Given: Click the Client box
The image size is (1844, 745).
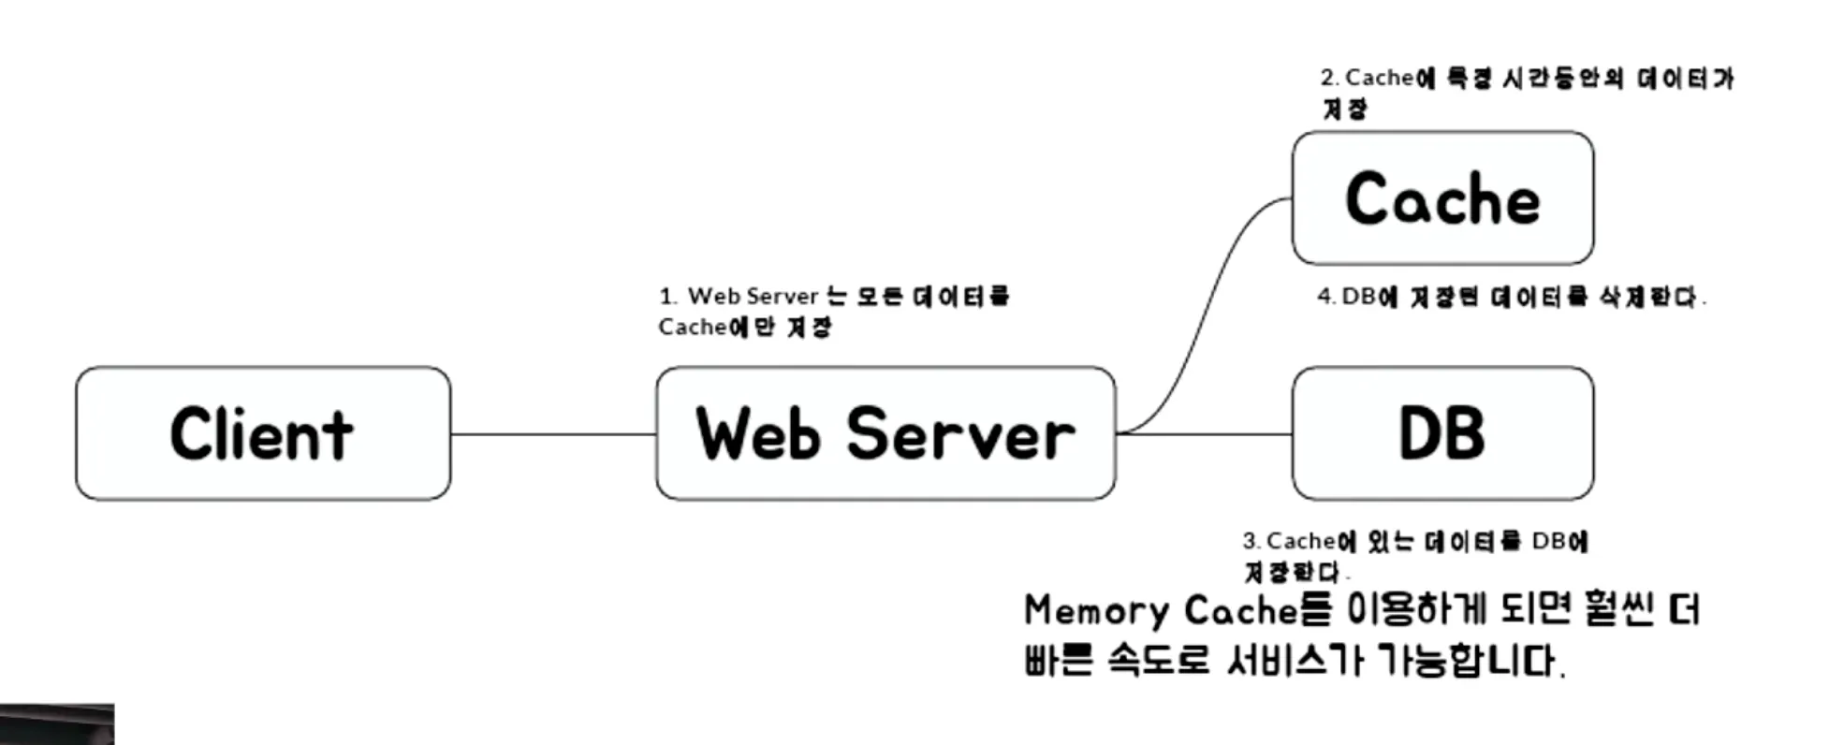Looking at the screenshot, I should click(263, 433).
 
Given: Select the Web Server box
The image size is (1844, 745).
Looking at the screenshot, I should click(885, 433).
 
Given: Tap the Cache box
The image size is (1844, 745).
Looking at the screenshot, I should click(1442, 198).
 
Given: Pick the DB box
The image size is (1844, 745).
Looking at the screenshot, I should click(1442, 433).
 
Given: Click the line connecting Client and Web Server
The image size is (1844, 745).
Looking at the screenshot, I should click(552, 434).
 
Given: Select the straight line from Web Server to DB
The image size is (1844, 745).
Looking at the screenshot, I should click(1207, 434).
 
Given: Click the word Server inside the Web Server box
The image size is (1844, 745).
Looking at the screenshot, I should click(960, 434).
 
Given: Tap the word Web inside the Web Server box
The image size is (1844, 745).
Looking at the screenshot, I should click(757, 434).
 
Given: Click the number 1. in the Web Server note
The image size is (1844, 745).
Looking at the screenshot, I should click(667, 297).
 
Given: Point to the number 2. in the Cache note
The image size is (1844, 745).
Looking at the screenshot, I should click(1329, 78).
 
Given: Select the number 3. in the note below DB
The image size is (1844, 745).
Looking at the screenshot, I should click(1251, 541).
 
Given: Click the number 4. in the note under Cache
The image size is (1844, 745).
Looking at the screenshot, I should click(1325, 297).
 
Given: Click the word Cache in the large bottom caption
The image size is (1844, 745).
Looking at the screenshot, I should click(1241, 611).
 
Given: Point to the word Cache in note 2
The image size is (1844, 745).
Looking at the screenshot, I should click(1379, 78).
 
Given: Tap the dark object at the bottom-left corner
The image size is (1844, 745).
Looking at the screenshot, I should click(56, 725).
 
